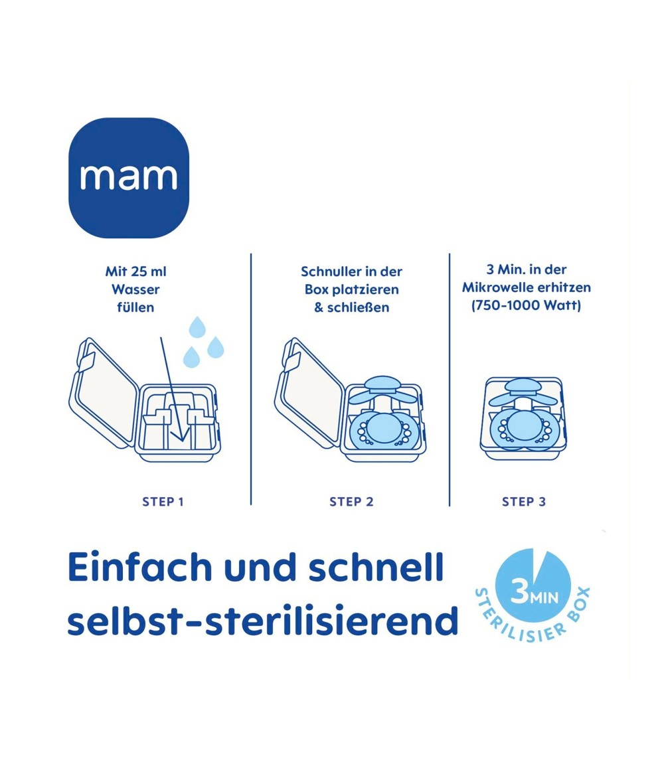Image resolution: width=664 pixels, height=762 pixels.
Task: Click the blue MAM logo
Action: [128, 178]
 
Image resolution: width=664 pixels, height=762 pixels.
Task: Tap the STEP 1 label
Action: [163, 502]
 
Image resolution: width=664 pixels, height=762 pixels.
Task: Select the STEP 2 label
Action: [351, 502]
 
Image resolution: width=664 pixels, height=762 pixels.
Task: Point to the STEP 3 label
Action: [524, 502]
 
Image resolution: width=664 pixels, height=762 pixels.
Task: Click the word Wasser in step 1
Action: [135, 289]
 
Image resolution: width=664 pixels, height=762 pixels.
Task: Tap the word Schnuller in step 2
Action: [331, 271]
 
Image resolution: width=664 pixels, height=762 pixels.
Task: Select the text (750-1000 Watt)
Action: [527, 306]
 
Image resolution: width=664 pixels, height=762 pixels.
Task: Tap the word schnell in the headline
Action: [376, 567]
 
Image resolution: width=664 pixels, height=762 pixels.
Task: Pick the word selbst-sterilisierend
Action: [262, 621]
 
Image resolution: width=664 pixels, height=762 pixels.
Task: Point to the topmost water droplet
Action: [197, 327]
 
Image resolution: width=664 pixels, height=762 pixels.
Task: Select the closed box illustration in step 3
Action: [523, 419]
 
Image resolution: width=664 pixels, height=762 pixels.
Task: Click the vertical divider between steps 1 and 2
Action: [251, 379]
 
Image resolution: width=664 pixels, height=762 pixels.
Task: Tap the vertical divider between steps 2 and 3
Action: [449, 379]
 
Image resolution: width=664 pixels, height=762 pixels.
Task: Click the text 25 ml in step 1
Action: [148, 271]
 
